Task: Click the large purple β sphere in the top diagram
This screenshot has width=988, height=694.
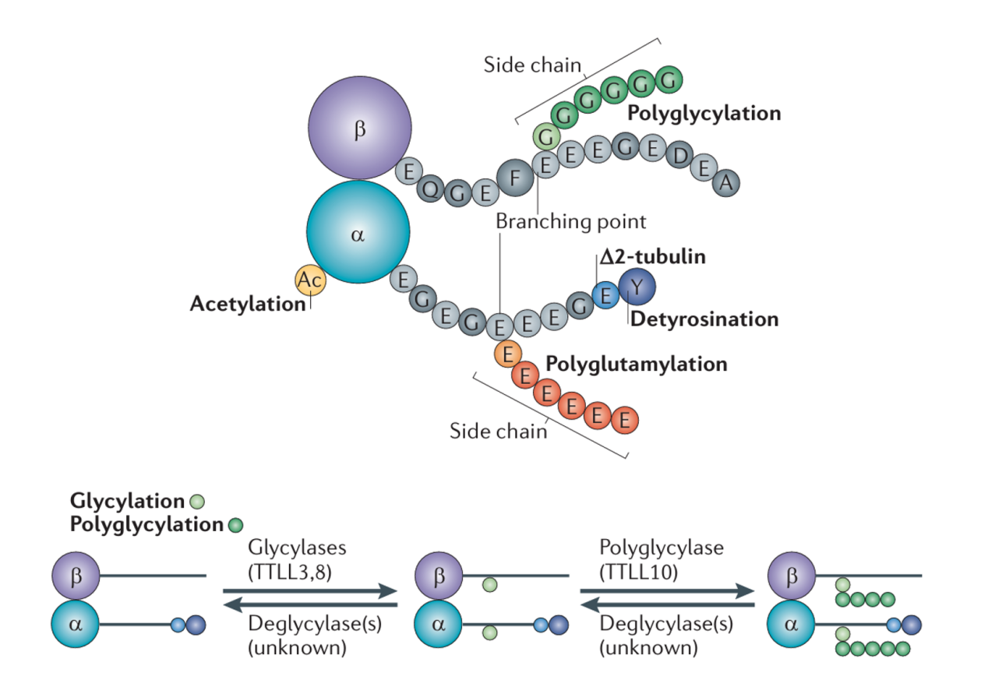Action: (x=359, y=129)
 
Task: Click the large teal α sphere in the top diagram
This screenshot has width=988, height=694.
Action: (x=358, y=232)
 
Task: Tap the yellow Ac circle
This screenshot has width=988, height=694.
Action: (x=310, y=280)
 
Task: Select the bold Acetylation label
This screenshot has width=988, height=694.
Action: (x=248, y=304)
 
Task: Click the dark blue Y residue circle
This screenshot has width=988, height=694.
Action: (x=637, y=287)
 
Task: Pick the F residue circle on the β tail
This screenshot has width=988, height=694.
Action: (x=514, y=178)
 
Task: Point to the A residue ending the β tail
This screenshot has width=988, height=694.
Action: (x=725, y=183)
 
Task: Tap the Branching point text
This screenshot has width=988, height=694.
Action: (x=571, y=221)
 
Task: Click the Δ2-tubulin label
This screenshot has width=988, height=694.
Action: (x=653, y=257)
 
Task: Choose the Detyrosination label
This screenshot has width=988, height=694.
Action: (x=704, y=319)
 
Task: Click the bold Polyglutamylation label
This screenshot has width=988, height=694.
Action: (x=636, y=364)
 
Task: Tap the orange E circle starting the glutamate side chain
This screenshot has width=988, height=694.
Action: (x=508, y=354)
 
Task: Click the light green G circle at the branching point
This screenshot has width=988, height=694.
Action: (x=547, y=137)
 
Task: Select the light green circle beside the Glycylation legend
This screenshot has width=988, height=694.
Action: (x=198, y=502)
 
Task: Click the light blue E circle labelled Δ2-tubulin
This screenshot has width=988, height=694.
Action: (x=604, y=294)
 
